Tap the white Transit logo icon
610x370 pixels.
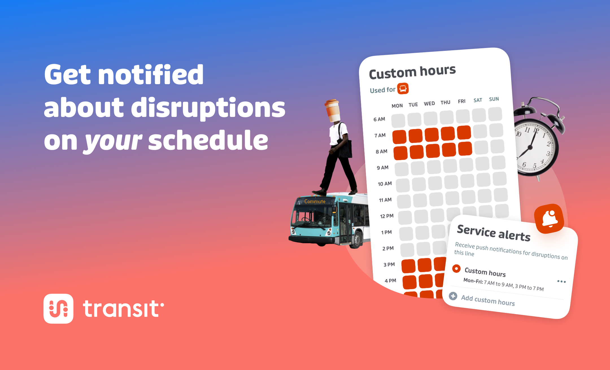tap(58, 308)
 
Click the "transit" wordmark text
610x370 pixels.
tap(123, 308)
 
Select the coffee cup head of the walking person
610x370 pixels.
tap(333, 111)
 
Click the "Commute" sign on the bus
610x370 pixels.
tap(315, 201)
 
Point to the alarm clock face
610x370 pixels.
tap(532, 148)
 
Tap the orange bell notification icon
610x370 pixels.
tap(549, 219)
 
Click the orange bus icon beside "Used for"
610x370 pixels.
tap(403, 88)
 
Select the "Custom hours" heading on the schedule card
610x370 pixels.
tap(412, 72)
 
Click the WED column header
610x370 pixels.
tap(429, 104)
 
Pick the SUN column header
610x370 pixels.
tap(494, 99)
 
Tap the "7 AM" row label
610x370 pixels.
tap(380, 136)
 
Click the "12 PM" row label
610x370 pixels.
tap(387, 216)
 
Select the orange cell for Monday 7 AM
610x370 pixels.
tap(399, 137)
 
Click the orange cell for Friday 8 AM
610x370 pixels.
tap(465, 149)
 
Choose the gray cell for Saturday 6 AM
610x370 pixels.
tap(479, 115)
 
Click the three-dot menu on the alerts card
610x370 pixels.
tap(561, 282)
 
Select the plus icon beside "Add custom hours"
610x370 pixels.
tap(453, 296)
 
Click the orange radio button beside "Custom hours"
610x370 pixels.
tap(456, 268)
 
